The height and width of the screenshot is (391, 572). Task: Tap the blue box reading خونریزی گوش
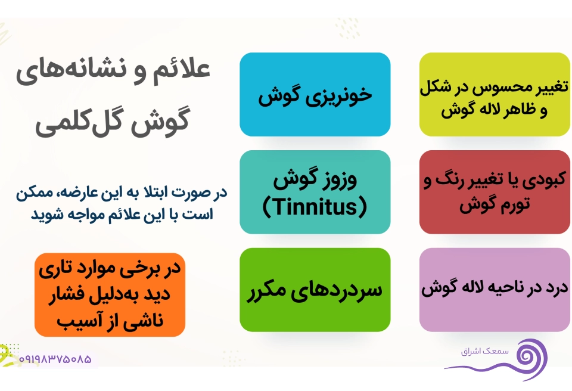[x=315, y=94]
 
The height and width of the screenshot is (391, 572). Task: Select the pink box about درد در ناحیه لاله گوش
[x=495, y=290]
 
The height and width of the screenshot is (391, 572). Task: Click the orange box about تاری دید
[x=110, y=294]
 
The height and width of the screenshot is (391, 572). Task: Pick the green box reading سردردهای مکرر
[x=315, y=290]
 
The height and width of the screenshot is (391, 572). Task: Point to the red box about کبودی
[x=495, y=192]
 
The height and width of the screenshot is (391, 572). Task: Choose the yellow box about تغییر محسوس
[x=495, y=94]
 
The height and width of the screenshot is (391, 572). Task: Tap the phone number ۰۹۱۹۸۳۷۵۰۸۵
[x=55, y=359]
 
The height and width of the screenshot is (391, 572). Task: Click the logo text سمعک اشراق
[x=484, y=351]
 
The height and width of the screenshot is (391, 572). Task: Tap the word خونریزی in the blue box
[x=338, y=96]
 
